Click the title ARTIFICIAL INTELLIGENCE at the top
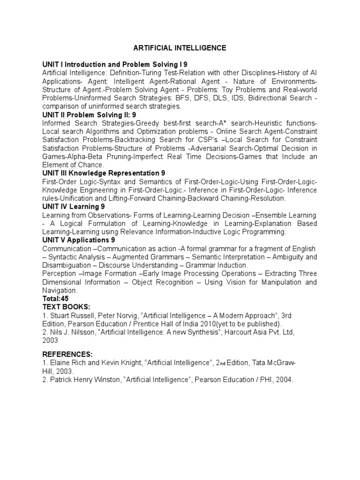(x=180, y=48)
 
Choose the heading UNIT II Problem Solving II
(x=90, y=115)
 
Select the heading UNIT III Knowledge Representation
(x=104, y=173)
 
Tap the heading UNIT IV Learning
(x=74, y=207)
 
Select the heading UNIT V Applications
(x=82, y=240)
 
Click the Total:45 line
(x=55, y=299)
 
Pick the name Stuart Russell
(x=73, y=316)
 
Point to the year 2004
(x=282, y=380)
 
